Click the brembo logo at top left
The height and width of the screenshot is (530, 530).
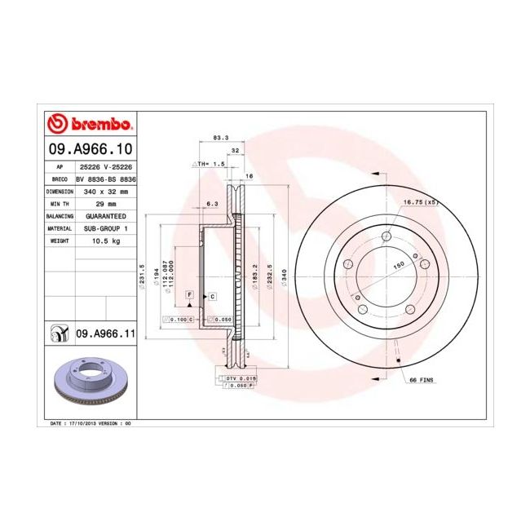pyautogui.click(x=90, y=123)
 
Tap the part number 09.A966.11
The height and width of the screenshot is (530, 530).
pyautogui.click(x=104, y=333)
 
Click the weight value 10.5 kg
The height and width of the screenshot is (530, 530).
pyautogui.click(x=106, y=241)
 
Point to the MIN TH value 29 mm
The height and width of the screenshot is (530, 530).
pyautogui.click(x=106, y=204)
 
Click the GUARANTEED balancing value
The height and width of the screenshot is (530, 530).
pyautogui.click(x=106, y=216)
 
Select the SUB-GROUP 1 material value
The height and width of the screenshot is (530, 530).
pyautogui.click(x=106, y=229)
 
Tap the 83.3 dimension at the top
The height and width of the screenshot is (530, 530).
pyautogui.click(x=219, y=138)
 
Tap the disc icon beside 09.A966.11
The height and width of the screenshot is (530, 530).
pyautogui.click(x=60, y=333)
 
